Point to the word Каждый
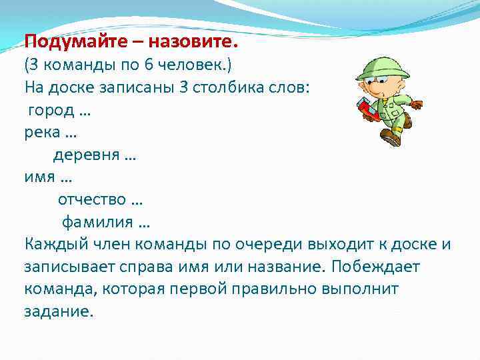pos(54,244)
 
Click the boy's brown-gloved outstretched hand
pos(416,104)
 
